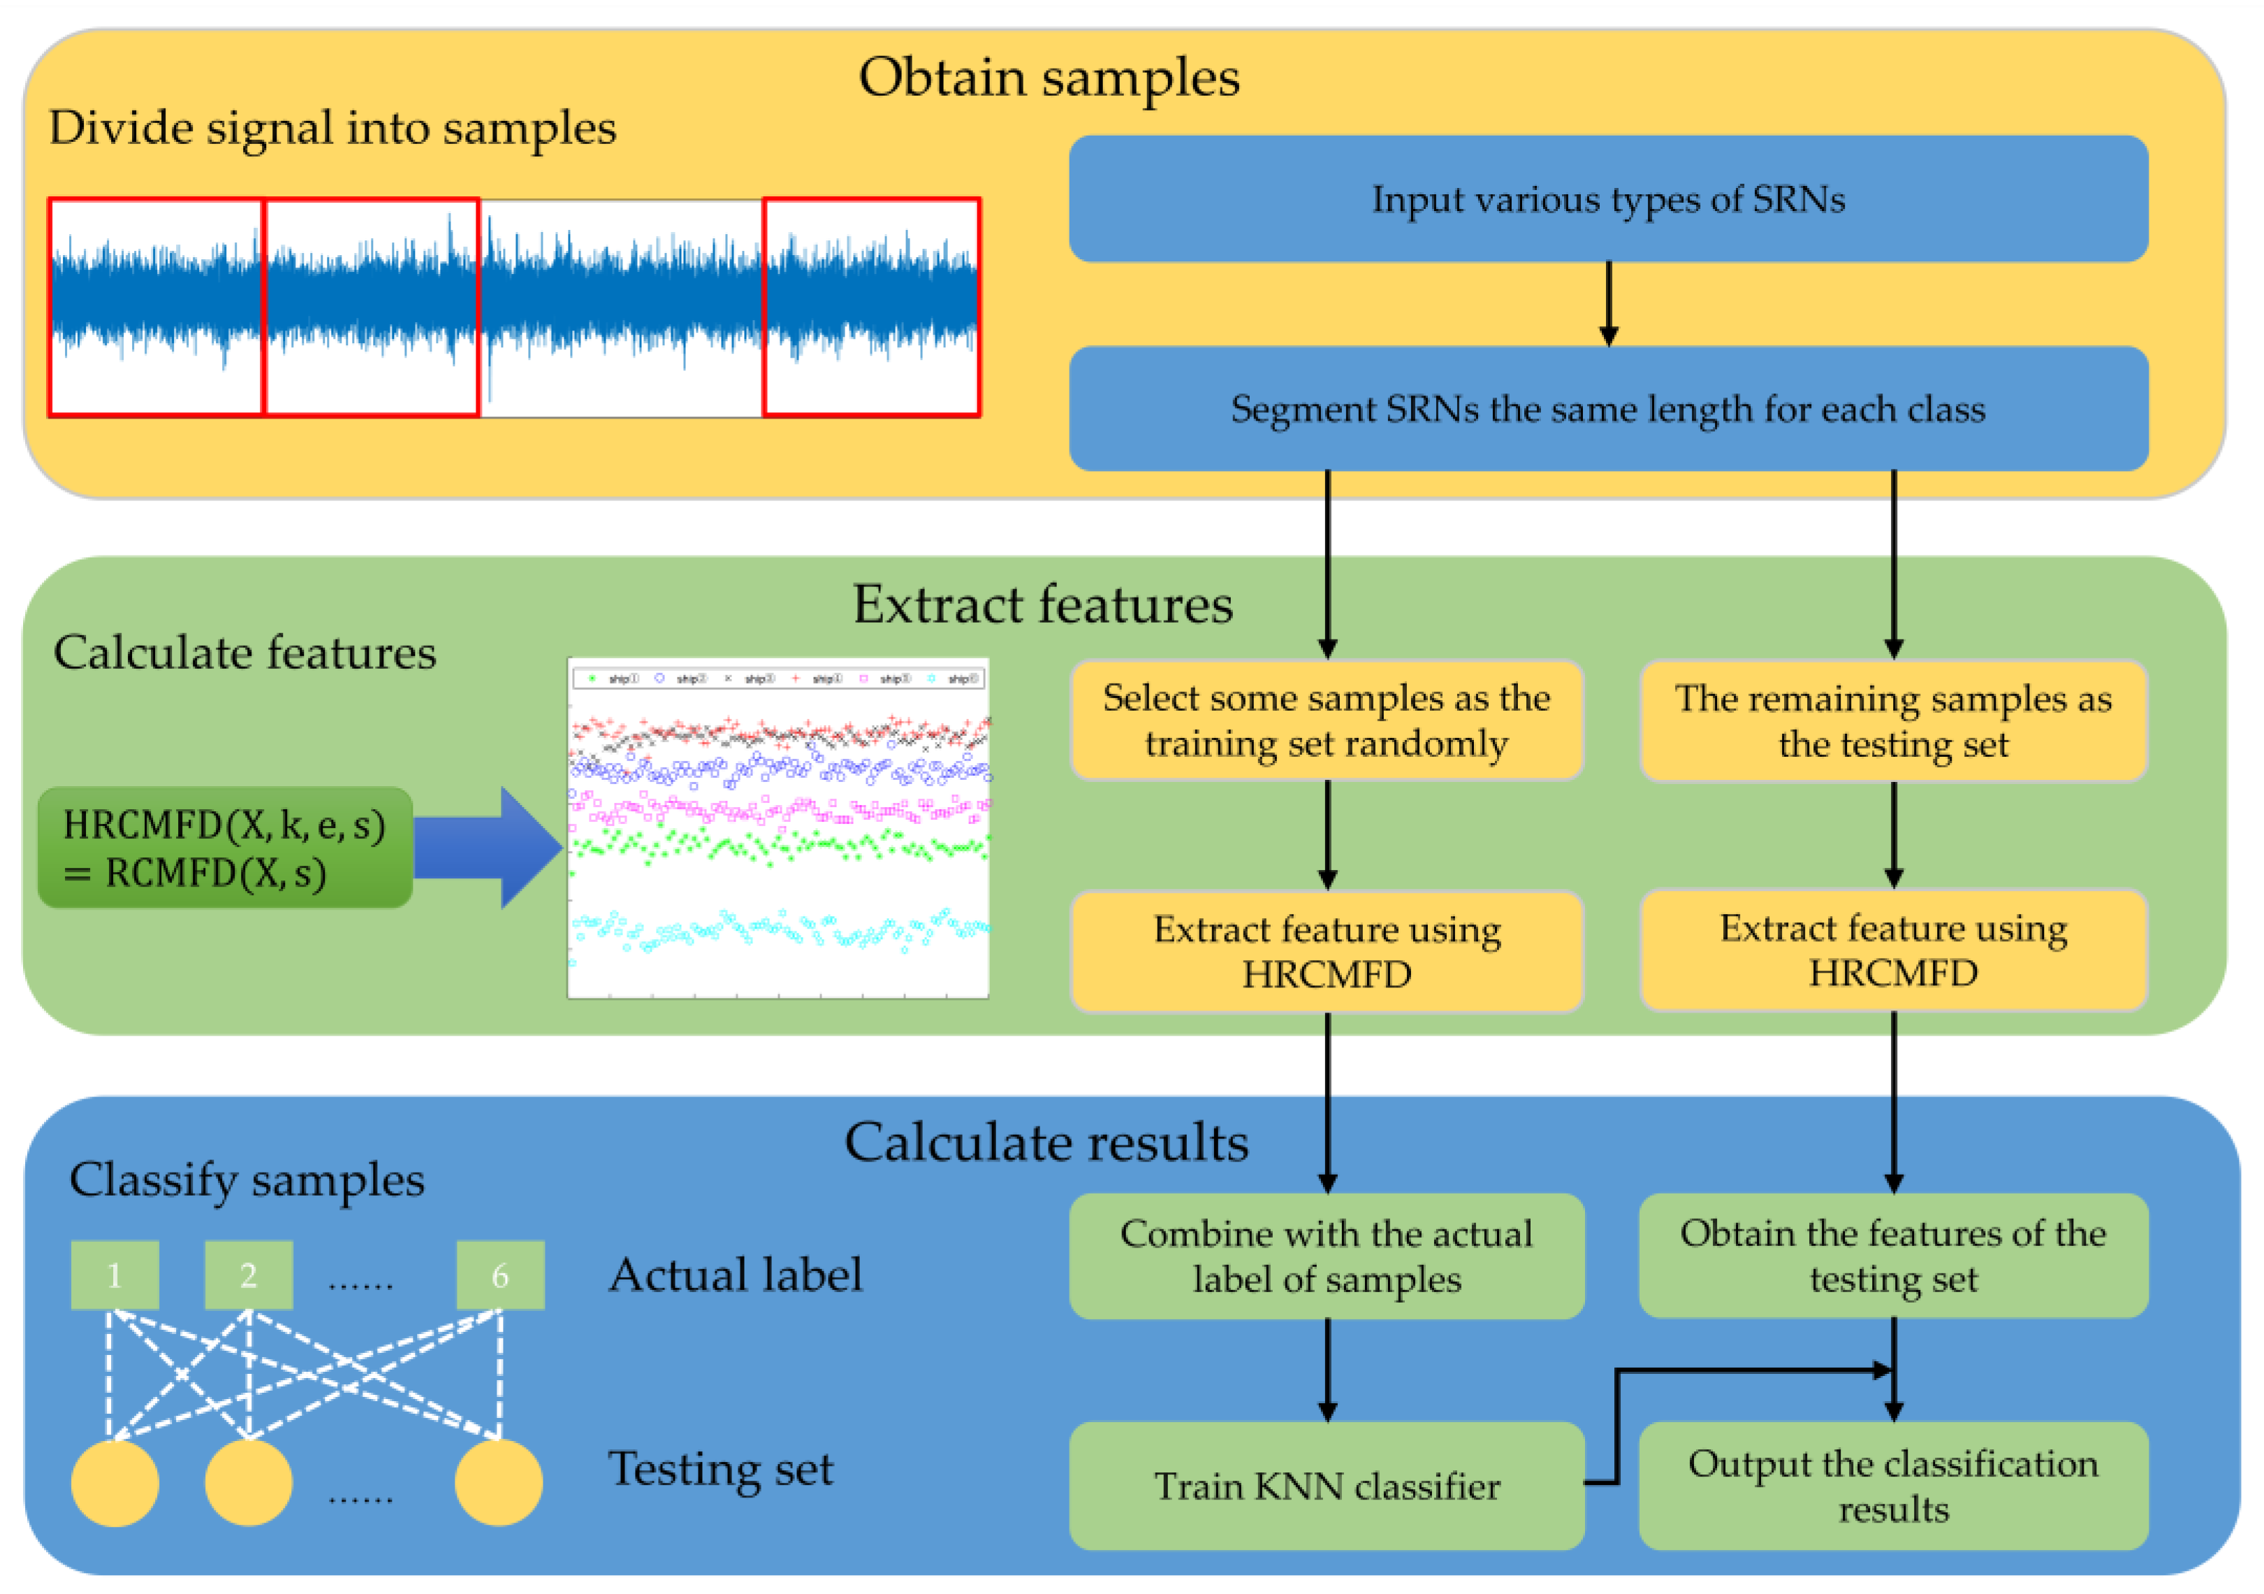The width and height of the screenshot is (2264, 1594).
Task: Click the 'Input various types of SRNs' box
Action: tap(1607, 199)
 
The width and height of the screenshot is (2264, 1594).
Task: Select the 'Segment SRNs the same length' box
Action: tap(1607, 408)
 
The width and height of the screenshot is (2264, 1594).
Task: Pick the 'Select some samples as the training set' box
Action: tap(1327, 720)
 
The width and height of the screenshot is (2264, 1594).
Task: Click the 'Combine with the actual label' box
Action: tap(1327, 1256)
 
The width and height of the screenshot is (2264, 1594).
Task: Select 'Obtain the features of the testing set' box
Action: tap(1892, 1256)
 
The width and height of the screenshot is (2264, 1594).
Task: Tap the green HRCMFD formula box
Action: tap(225, 848)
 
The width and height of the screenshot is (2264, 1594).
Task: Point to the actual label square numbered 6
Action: tap(500, 1275)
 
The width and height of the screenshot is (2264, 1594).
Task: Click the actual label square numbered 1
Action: tap(115, 1275)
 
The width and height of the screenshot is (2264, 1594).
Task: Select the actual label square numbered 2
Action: tap(249, 1275)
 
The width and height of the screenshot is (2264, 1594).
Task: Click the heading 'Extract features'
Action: tap(1042, 604)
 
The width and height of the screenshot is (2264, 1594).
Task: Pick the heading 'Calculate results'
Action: tap(1046, 1143)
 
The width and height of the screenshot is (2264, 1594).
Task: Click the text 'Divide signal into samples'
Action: tap(333, 128)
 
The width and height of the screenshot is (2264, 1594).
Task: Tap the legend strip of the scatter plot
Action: tap(779, 679)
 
